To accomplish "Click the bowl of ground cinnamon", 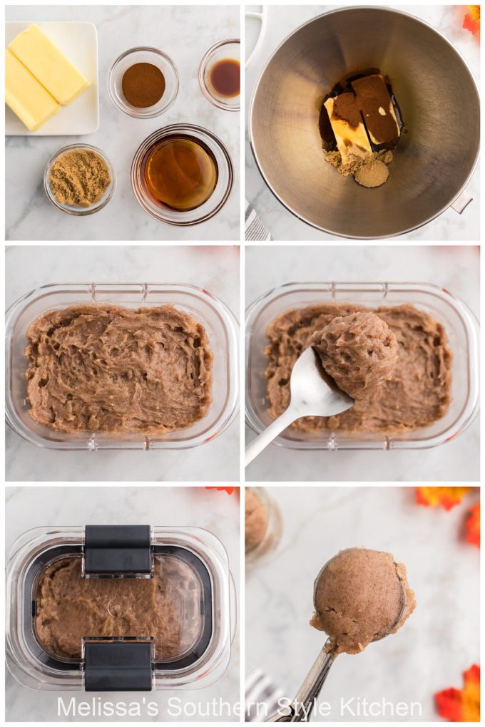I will click(x=143, y=83).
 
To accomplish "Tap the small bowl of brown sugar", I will click(x=79, y=178).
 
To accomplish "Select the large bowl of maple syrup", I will click(x=181, y=173).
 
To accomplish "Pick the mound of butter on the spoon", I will click(x=356, y=354).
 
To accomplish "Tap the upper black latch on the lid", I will click(x=118, y=550).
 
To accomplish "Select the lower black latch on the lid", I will click(x=118, y=664).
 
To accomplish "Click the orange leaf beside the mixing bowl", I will click(x=471, y=19).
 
